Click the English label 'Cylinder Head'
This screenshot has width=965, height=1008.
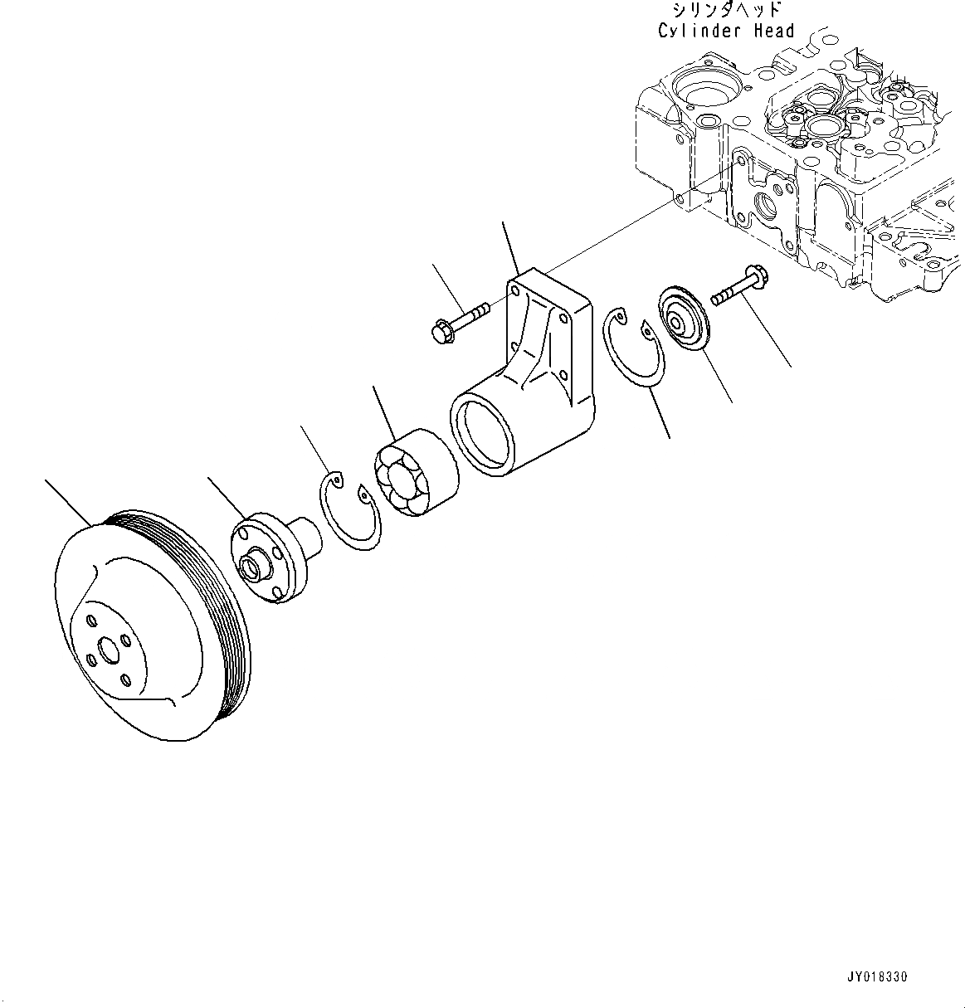(726, 31)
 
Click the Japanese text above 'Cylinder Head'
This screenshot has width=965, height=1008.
(728, 10)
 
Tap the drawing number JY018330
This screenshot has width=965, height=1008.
(885, 977)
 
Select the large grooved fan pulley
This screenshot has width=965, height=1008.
(149, 622)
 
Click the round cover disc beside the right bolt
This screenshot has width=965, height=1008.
(681, 319)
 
